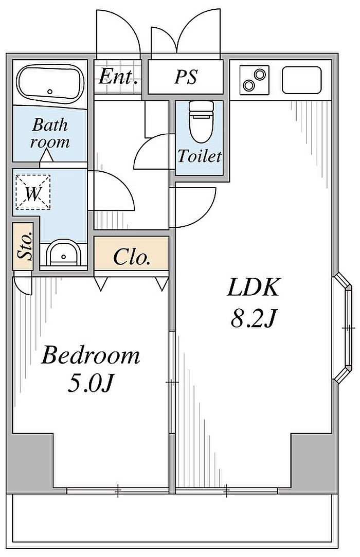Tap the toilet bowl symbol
pyautogui.click(x=201, y=121)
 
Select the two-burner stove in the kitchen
pyautogui.click(x=254, y=80)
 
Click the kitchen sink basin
pyautogui.click(x=301, y=80)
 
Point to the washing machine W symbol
pyautogui.click(x=33, y=192)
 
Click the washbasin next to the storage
pyautogui.click(x=64, y=253)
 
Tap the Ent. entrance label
pyautogui.click(x=118, y=77)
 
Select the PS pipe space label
pyautogui.click(x=186, y=76)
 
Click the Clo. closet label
pyautogui.click(x=131, y=257)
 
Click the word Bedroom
pyautogui.click(x=91, y=355)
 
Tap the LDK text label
pyautogui.click(x=254, y=287)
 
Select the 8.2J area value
pyautogui.click(x=253, y=318)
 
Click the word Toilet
pyautogui.click(x=200, y=156)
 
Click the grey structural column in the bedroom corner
pyautogui.click(x=30, y=462)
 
